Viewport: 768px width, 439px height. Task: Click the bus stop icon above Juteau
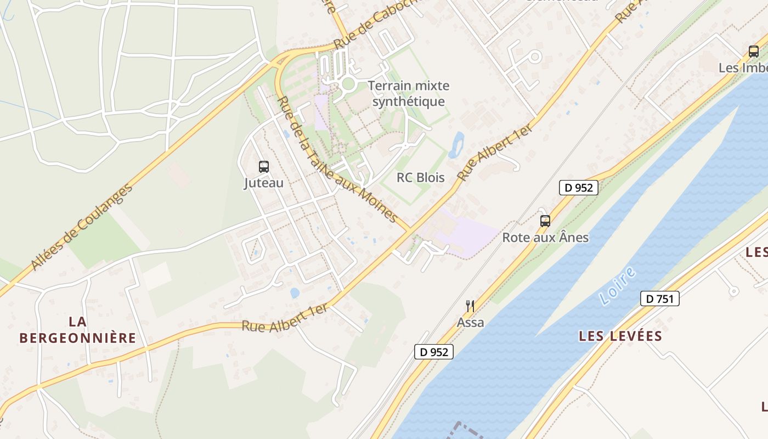(264, 166)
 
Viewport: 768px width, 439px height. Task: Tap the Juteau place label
(264, 183)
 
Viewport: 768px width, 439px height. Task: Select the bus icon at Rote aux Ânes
(545, 221)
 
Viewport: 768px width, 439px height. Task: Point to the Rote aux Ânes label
(545, 238)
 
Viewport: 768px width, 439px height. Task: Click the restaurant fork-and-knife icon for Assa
(470, 306)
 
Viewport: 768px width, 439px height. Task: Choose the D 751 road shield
(659, 299)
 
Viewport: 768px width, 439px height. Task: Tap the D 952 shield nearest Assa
(433, 352)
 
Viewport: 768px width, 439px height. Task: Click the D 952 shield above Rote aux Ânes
(578, 187)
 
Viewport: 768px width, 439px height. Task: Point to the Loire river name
(617, 285)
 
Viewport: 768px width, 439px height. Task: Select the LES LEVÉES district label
(620, 336)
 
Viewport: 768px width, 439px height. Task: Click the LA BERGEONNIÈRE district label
(77, 330)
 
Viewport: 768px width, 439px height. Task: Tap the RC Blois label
(420, 177)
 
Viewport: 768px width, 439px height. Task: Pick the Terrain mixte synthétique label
(408, 93)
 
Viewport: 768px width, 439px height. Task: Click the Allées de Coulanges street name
(82, 227)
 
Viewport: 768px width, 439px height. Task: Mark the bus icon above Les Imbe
(754, 52)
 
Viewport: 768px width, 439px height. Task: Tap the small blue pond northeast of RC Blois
(456, 145)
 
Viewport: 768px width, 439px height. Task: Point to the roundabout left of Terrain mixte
(348, 84)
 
